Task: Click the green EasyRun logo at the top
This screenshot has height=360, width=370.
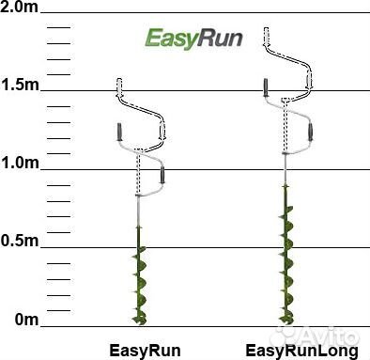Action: pos(193,39)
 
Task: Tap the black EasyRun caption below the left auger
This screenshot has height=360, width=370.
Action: pos(145,350)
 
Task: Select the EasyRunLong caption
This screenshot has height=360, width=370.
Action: pos(301,350)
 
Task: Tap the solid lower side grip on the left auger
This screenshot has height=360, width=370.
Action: pos(162,174)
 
